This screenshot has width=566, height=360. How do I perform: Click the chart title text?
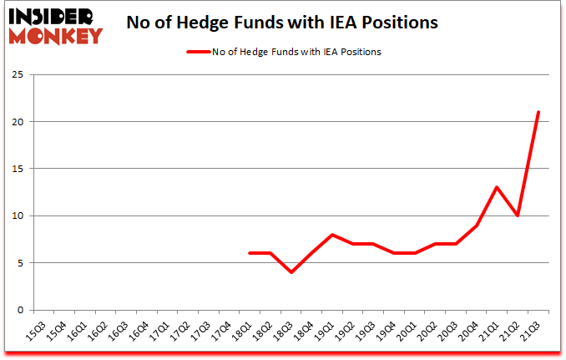pyautogui.click(x=281, y=23)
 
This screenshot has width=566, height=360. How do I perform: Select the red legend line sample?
pyautogui.click(x=197, y=52)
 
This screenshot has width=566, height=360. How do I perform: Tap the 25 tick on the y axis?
pyautogui.click(x=16, y=75)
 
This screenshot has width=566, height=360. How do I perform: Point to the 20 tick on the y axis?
pyautogui.click(x=16, y=122)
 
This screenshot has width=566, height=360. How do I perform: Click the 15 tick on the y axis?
pyautogui.click(x=16, y=169)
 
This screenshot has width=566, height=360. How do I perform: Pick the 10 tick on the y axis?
pyautogui.click(x=16, y=215)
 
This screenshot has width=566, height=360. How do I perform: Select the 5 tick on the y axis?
pyautogui.click(x=18, y=263)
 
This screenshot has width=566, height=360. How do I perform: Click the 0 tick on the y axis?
pyautogui.click(x=18, y=310)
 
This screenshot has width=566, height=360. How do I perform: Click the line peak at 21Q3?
pyautogui.click(x=538, y=113)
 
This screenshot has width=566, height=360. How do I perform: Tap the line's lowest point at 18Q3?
pyautogui.click(x=291, y=272)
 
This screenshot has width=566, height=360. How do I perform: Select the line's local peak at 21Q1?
pyautogui.click(x=497, y=188)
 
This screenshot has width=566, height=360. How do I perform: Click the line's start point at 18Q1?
pyautogui.click(x=250, y=253)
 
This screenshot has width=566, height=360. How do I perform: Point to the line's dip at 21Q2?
pyautogui.click(x=518, y=215)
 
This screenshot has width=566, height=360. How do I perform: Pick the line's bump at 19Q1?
pyautogui.click(x=332, y=235)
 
